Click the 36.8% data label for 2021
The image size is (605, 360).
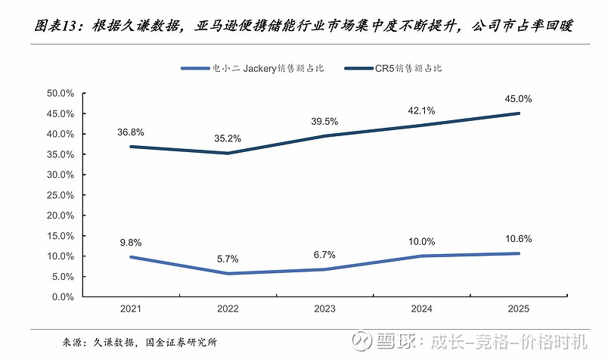pyautogui.click(x=130, y=132)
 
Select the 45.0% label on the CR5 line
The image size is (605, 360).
pyautogui.click(x=520, y=98)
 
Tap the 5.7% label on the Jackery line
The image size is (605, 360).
pyautogui.click(x=227, y=259)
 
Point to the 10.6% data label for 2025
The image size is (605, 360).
pyautogui.click(x=520, y=239)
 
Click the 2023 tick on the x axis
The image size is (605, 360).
pyautogui.click(x=324, y=309)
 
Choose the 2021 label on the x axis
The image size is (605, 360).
pyautogui.click(x=130, y=309)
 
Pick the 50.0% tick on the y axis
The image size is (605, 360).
pyautogui.click(x=60, y=93)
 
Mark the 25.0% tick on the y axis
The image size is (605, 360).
pyautogui.click(x=60, y=194)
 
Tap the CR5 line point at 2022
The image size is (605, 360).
pyautogui.click(x=228, y=153)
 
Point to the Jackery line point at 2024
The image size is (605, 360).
pyautogui.click(x=422, y=256)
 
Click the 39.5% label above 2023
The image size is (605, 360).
pyautogui.click(x=324, y=121)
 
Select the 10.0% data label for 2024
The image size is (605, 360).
pyautogui.click(x=422, y=241)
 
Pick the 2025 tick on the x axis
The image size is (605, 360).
pyautogui.click(x=520, y=309)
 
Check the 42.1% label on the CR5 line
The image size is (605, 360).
pyautogui.click(x=422, y=110)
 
